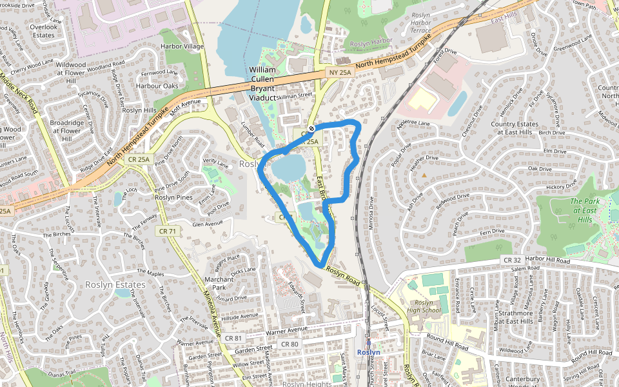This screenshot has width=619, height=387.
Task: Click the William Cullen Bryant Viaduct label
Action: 262,83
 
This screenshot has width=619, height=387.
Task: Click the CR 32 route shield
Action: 509,259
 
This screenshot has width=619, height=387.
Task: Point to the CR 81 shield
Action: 233,337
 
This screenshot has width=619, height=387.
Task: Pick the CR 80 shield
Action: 290,344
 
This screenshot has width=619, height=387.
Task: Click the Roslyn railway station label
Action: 369,352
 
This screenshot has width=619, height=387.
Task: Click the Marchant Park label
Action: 219,283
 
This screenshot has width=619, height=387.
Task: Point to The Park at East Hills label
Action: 585,210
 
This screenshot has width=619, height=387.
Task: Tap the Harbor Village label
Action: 182,46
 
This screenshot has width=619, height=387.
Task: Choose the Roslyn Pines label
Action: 174,197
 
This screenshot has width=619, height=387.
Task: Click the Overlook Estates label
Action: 44,31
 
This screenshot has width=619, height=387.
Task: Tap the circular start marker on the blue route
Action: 311,128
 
